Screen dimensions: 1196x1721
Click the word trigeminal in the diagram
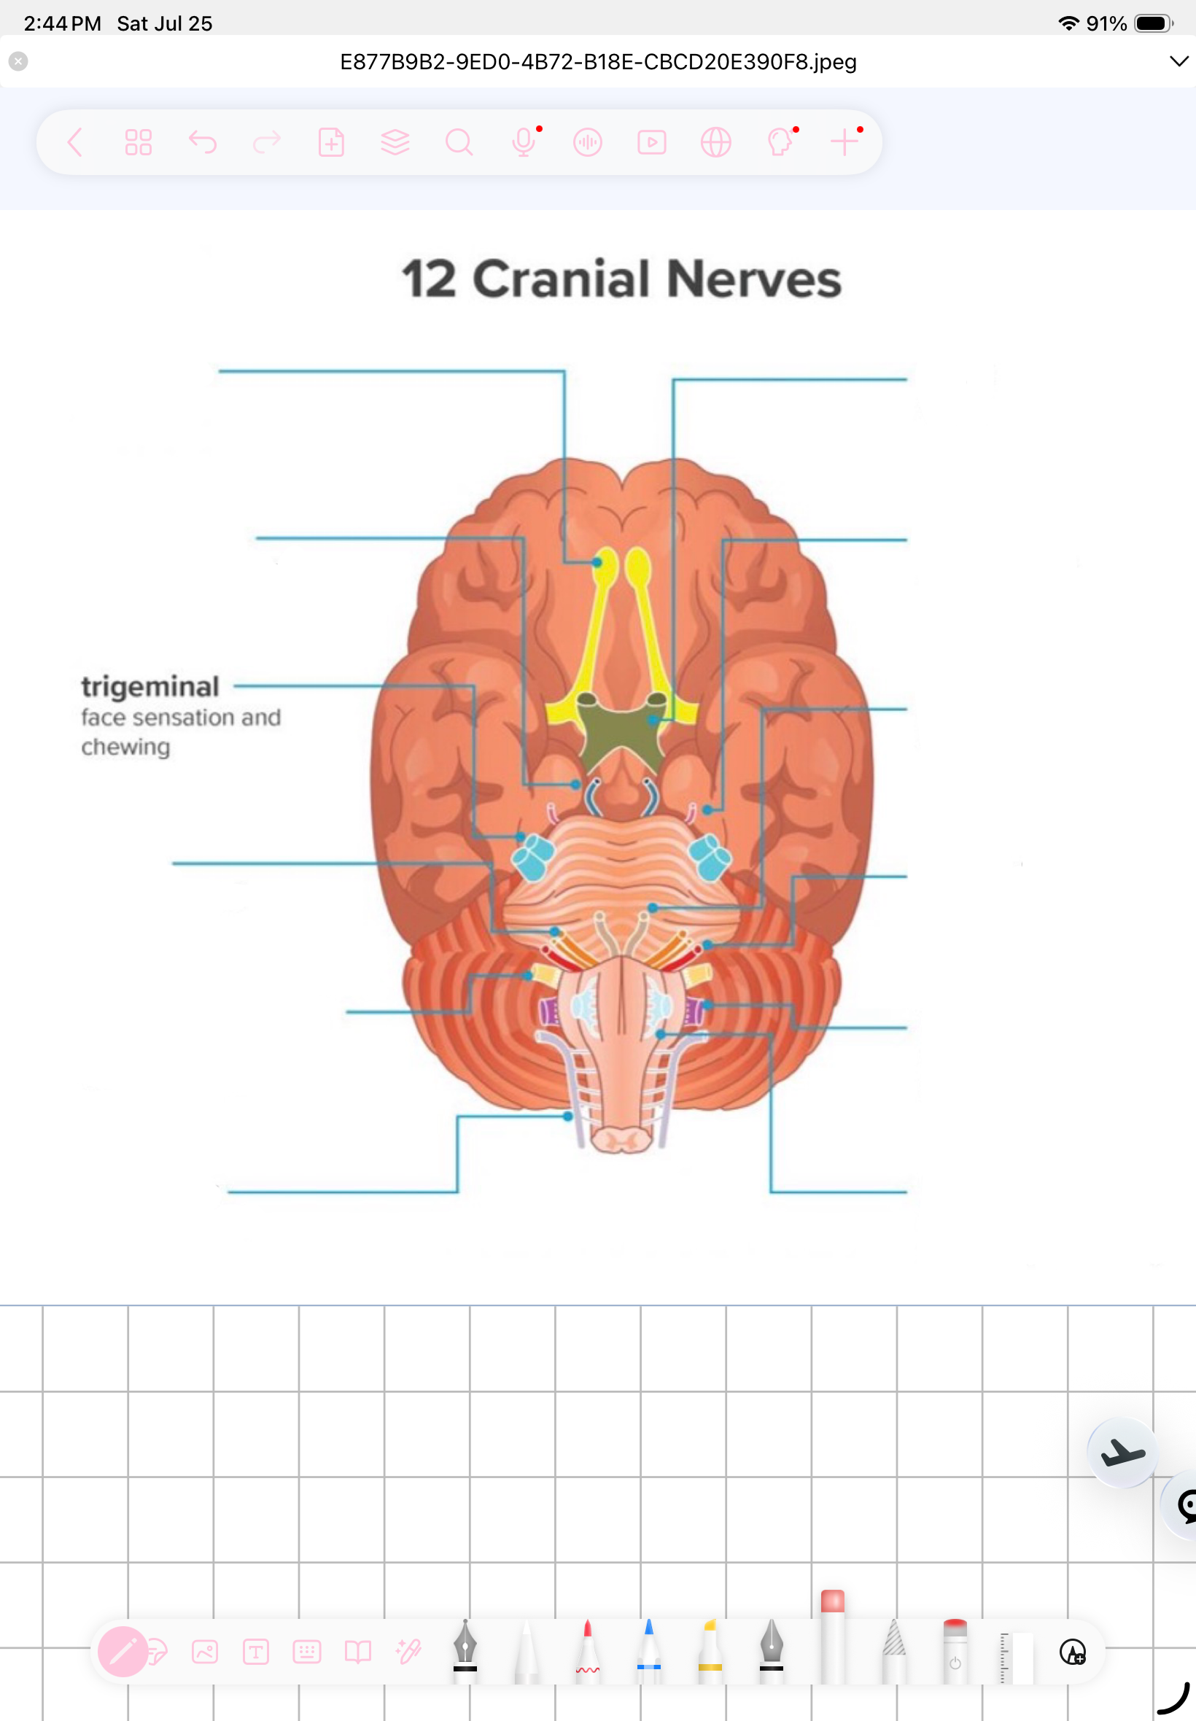coord(150,685)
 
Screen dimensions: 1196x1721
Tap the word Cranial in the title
coord(562,279)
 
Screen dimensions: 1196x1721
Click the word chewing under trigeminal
coord(126,747)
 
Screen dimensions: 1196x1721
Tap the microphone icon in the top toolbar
coord(524,141)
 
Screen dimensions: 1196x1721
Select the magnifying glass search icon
coord(459,141)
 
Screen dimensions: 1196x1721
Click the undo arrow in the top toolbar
coord(202,141)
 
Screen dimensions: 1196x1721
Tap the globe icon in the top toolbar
coord(715,141)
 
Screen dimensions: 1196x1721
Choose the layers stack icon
coord(395,141)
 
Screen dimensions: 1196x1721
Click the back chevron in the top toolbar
coord(74,141)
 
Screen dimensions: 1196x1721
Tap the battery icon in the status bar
coord(1154,23)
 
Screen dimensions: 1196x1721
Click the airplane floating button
coord(1122,1452)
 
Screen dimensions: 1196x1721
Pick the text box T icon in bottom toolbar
coord(255,1651)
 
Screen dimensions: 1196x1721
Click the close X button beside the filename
coord(19,61)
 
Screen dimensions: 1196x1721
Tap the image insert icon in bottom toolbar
coord(205,1651)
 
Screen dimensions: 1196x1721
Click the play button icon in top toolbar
coord(651,141)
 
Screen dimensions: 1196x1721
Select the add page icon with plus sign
coord(330,141)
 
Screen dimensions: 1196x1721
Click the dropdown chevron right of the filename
coord(1178,61)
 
